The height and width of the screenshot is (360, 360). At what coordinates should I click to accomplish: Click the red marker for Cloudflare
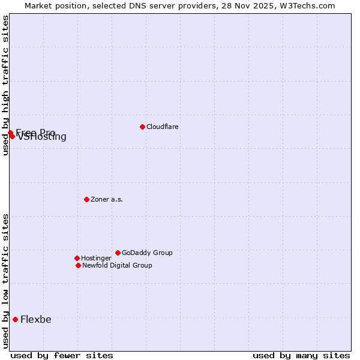142,127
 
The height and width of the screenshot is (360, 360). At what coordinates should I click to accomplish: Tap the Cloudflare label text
162,127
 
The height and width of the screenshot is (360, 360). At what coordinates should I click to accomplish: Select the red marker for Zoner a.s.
86,199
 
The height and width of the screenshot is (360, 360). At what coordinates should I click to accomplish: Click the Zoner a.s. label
107,199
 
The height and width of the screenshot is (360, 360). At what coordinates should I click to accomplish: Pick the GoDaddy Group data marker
118,253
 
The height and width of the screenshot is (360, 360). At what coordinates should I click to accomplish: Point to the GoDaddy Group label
147,253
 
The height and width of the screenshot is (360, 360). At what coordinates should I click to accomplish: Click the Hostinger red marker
77,258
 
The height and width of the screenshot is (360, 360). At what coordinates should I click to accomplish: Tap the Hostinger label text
96,258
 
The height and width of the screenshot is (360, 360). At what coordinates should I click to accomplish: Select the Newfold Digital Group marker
78,265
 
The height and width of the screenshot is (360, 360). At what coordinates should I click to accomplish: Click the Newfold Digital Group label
117,265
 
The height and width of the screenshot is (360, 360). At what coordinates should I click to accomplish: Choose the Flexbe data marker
15,319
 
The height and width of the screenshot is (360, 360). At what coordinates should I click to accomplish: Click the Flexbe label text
36,319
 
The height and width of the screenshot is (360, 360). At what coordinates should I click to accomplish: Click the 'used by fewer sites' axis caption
62,355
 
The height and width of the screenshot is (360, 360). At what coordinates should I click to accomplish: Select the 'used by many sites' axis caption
301,355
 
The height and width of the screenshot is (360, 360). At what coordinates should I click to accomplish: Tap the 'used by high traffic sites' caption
5,85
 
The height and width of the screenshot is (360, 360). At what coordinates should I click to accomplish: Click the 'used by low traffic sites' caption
5,280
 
